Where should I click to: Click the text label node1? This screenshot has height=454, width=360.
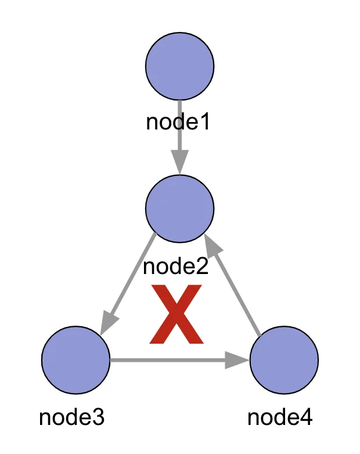[177, 122]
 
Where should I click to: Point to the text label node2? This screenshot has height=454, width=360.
[175, 267]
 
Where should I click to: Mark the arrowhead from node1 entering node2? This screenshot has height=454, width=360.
[180, 161]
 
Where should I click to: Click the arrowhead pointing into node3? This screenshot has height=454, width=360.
[108, 323]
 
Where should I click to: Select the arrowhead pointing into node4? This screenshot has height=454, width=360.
[237, 361]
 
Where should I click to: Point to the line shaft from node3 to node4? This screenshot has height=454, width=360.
[168, 361]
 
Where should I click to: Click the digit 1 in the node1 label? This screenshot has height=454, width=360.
[203, 122]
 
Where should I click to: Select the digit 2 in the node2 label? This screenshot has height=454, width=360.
[201, 267]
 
